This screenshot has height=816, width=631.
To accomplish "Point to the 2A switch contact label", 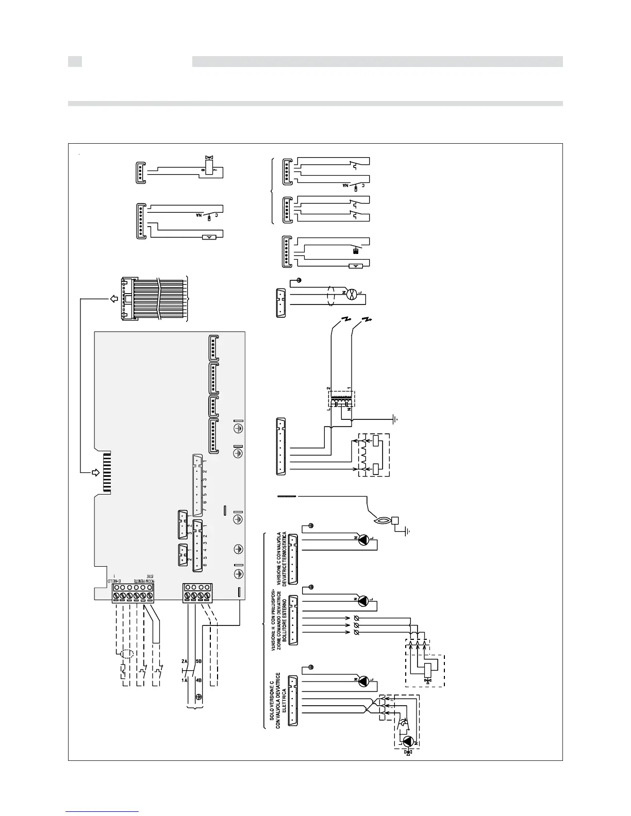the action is (x=185, y=661).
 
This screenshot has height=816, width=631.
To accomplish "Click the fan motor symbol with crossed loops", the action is (x=350, y=295).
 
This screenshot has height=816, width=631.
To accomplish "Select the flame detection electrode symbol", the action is (x=382, y=521).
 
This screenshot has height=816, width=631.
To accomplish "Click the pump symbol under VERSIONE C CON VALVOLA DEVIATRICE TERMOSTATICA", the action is (x=364, y=539).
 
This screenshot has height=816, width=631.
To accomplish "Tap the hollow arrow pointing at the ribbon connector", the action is (x=111, y=299).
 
